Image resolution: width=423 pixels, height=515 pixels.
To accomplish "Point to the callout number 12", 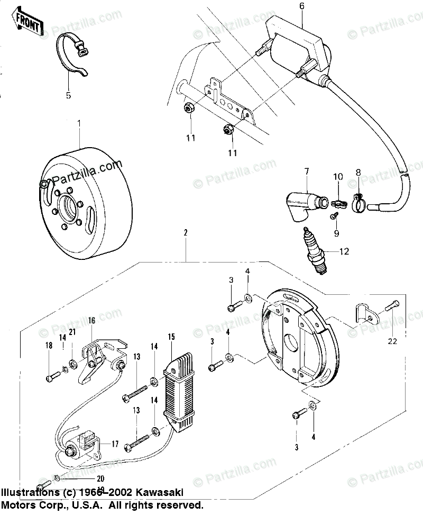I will coord(345,251).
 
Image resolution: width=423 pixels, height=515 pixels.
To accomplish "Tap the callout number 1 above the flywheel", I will coord(79,124).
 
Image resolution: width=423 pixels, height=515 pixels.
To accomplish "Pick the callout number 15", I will coord(171,337).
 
